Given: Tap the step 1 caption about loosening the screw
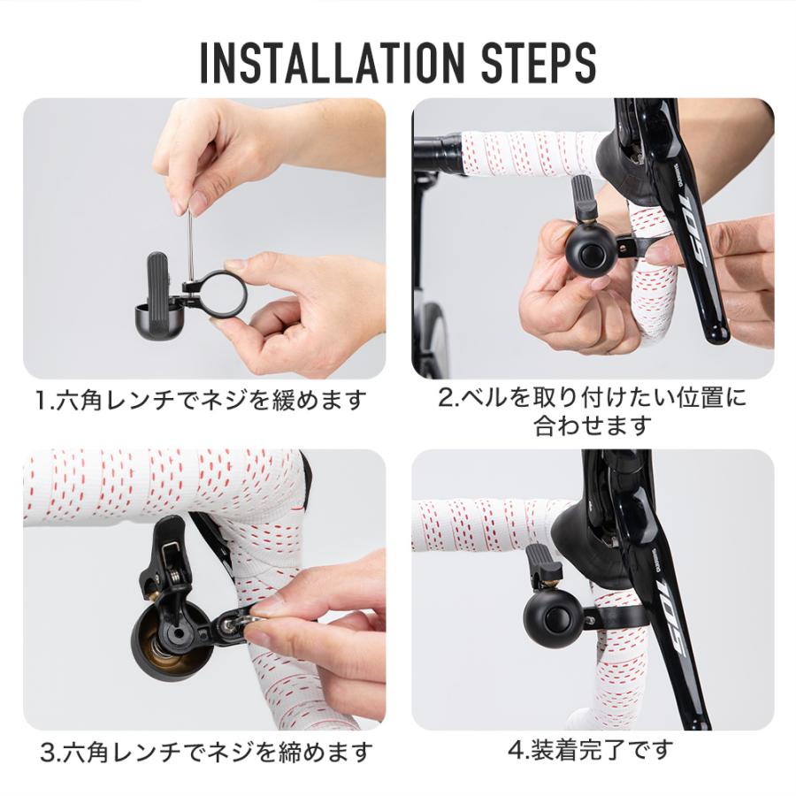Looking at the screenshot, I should pyautogui.click(x=201, y=401).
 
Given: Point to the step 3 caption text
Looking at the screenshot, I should pyautogui.click(x=206, y=753).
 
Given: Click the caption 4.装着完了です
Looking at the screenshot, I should pyautogui.click(x=590, y=751).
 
